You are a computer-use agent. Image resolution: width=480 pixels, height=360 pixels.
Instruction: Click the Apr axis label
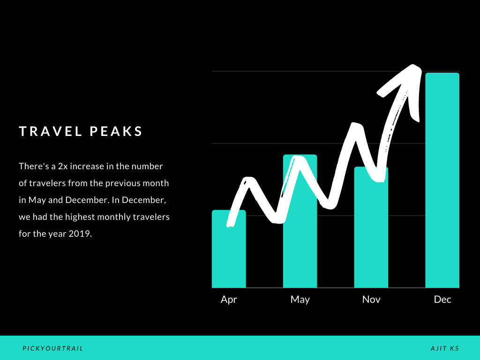point(229,300)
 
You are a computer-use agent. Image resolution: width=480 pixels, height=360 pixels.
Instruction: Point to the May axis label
point(300,300)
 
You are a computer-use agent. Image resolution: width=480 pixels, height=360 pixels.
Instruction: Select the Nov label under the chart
point(371,299)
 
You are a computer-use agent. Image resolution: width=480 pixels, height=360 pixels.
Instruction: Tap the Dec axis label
point(442,299)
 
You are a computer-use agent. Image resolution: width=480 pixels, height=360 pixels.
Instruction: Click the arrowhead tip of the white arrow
point(413,66)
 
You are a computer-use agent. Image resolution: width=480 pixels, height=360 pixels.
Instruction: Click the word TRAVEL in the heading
point(51,131)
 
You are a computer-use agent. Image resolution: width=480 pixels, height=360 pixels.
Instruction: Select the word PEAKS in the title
point(116,131)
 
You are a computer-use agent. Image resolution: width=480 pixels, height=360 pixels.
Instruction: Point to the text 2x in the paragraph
point(63,166)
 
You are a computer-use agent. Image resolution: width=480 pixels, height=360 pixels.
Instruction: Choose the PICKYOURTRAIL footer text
point(53,348)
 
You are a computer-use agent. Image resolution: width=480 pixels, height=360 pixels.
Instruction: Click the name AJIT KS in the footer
point(445,348)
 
